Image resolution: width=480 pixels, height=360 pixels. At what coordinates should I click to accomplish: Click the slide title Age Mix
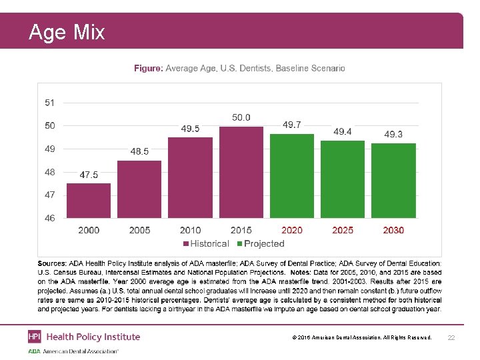point(67,32)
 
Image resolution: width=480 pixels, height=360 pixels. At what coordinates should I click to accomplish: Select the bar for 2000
point(89,201)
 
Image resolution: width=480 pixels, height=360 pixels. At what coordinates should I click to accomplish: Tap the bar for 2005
point(139,189)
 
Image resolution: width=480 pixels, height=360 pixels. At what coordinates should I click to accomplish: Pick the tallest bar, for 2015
point(241,172)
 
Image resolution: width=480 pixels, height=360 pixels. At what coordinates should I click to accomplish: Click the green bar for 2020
point(292,176)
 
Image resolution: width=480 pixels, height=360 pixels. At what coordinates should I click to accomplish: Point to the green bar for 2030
point(393,181)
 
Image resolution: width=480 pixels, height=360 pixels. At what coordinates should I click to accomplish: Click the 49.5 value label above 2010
point(190,128)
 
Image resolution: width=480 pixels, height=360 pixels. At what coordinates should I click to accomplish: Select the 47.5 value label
point(89,175)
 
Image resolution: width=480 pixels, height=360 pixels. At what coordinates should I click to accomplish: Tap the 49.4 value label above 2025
point(343,131)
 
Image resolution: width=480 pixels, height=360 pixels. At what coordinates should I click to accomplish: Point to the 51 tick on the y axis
point(50,103)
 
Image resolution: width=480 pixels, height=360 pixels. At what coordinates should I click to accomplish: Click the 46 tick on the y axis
point(50,217)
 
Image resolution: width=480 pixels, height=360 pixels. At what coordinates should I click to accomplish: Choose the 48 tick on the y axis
point(50,172)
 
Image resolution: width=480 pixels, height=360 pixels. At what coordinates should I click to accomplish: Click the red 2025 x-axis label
point(343,230)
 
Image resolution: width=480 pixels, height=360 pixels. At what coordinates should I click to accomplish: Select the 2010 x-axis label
point(190,230)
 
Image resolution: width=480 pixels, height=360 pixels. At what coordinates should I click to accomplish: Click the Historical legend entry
point(207,244)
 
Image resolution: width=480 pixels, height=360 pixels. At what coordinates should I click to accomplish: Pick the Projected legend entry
point(261,244)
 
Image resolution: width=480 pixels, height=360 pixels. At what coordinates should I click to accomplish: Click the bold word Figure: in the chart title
point(148,68)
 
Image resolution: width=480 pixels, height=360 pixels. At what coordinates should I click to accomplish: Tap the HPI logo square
point(35,337)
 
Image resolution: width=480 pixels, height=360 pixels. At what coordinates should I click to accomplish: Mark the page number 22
point(451,339)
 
